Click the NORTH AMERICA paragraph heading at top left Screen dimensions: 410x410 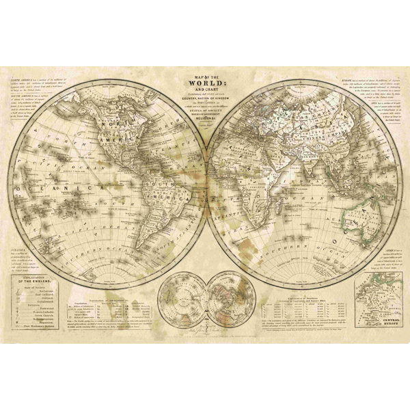pyautogui.click(x=25, y=81)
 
